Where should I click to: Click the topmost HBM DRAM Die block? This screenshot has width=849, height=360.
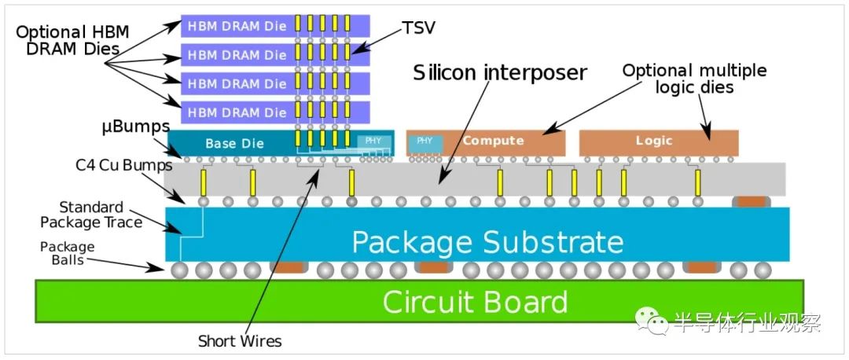pos(236,26)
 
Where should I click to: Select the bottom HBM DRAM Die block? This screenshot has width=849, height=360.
pos(236,112)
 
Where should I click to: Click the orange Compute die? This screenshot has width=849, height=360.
pos(494,141)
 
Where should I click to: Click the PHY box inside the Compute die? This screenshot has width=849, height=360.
pos(424,141)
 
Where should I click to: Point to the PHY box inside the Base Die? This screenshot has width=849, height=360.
pos(374,141)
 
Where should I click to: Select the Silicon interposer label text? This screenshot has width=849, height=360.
pos(500,73)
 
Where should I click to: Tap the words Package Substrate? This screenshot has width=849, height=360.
pos(487,241)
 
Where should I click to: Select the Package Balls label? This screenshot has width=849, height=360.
pos(68,253)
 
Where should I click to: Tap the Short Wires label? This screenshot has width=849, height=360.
pos(239,341)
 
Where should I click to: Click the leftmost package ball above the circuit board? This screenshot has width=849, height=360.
pos(181,270)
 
